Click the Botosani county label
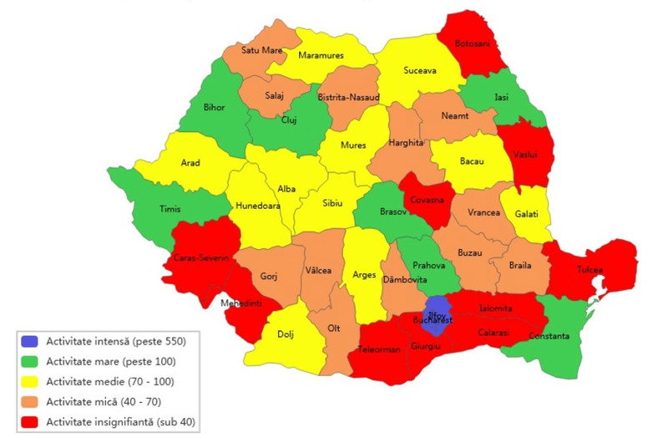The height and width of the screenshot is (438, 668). [473, 43]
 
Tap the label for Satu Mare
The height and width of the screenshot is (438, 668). [262, 50]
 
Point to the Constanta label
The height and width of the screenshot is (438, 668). [549, 336]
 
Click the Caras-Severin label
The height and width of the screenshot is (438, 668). [200, 257]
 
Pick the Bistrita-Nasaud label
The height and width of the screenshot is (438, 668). [349, 98]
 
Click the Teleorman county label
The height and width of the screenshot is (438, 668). [380, 349]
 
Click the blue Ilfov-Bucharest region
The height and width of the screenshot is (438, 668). [435, 309]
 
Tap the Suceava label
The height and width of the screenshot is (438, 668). [419, 71]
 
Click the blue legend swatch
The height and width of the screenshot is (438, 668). [31, 341]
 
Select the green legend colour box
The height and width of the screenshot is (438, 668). [31, 361]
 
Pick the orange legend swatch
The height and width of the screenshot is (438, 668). [31, 401]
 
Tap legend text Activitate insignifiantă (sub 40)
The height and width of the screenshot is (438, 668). [120, 420]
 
